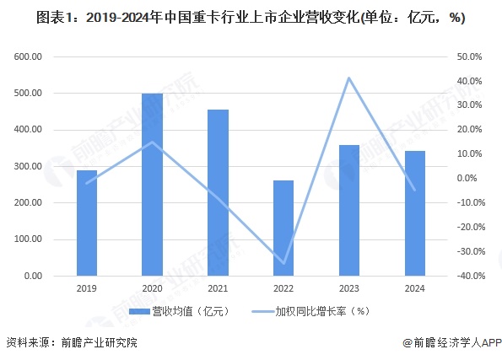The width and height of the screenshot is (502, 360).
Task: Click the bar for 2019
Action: coord(87,223)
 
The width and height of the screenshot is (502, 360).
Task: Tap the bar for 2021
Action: coord(218,193)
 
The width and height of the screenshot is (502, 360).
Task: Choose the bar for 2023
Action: coord(348,211)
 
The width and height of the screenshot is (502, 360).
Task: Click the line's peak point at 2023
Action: coord(348,78)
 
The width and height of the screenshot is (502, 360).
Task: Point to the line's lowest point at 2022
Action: coord(283,263)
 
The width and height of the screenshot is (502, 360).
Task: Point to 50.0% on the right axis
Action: coord(469,57)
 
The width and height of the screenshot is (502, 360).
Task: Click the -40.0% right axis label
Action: coord(467,277)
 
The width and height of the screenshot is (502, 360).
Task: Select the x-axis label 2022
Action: coord(283,288)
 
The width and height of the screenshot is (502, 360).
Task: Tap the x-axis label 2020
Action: coord(152,288)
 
